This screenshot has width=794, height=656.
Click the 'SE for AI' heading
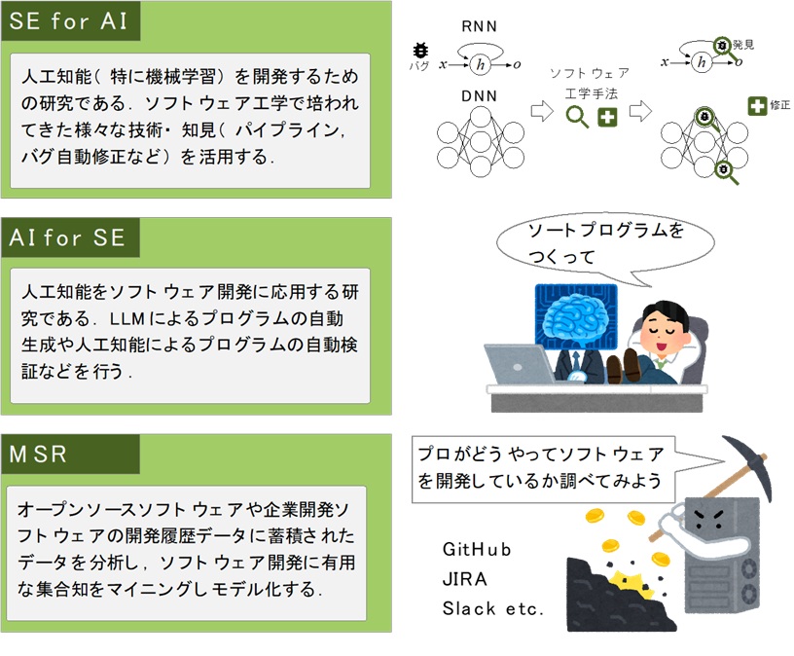tap(68, 21)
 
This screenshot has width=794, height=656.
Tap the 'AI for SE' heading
tap(67, 237)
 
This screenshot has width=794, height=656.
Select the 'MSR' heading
tap(38, 454)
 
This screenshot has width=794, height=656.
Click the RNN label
tap(479, 26)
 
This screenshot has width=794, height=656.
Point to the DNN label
tap(479, 95)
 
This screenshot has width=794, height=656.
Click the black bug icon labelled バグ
tap(420, 51)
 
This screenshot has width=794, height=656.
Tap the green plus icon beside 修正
tap(757, 106)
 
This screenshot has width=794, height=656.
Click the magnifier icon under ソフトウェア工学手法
tap(577, 117)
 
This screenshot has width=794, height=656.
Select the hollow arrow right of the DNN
tap(542, 111)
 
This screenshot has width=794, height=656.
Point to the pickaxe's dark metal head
tap(750, 465)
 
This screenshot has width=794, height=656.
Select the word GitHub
tap(477, 549)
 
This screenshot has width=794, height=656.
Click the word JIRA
tap(464, 578)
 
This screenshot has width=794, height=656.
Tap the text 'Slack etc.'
tap(492, 608)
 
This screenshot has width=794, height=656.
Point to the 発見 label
tap(743, 45)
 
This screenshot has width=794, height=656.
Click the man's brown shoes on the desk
tap(624, 366)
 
